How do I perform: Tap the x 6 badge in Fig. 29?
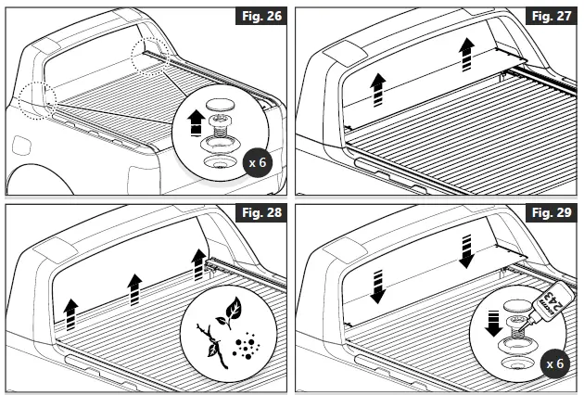[x=554, y=363]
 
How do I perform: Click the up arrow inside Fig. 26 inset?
[x=196, y=121]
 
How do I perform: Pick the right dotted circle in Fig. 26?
[x=147, y=56]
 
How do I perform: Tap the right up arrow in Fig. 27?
[x=467, y=55]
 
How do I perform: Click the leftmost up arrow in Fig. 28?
[x=71, y=310]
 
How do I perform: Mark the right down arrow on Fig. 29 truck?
[x=466, y=249]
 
